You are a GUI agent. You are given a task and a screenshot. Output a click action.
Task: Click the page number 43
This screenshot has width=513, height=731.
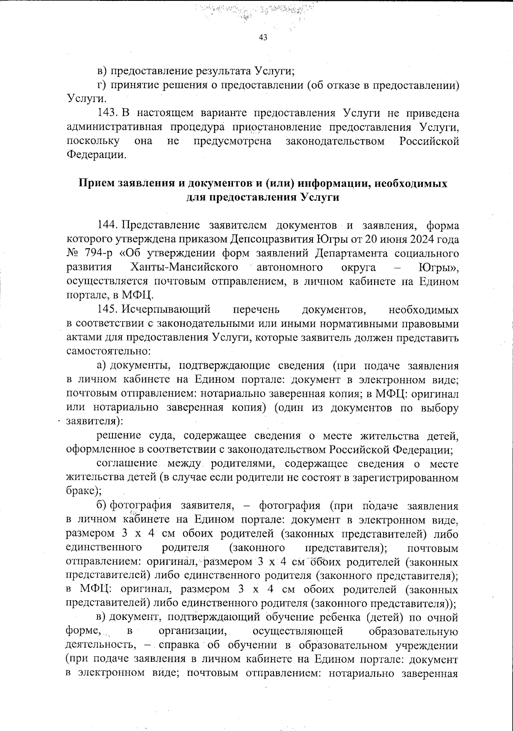[263, 38]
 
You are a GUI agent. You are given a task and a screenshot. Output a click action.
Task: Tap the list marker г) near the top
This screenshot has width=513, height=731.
[101, 85]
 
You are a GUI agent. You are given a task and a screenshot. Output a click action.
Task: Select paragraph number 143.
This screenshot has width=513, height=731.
[107, 113]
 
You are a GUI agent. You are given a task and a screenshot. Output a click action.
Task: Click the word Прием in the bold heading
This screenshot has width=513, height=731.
[93, 183]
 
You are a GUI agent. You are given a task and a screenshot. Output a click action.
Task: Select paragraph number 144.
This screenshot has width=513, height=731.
[107, 225]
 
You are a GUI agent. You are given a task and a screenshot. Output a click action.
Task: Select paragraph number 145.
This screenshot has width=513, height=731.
[107, 309]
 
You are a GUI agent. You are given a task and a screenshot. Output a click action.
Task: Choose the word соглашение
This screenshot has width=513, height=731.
[128, 464]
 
